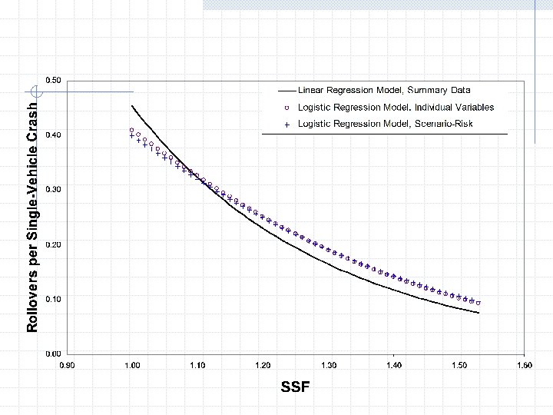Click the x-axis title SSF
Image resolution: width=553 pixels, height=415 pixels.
click(296, 387)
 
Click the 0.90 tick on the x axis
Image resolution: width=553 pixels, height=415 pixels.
click(68, 365)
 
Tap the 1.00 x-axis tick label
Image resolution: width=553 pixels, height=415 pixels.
click(132, 365)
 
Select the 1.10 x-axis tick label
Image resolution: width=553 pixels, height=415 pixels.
click(197, 365)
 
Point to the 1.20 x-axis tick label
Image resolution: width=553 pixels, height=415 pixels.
click(263, 365)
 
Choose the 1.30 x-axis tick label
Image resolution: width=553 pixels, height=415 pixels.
click(328, 365)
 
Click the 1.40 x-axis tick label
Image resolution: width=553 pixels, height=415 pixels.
click(393, 365)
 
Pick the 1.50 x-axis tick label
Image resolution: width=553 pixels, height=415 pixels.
click(459, 365)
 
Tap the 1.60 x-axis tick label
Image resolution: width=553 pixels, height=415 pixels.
click(524, 365)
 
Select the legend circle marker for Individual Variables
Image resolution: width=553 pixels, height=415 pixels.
click(286, 108)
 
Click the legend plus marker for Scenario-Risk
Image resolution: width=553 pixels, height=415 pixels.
click(286, 124)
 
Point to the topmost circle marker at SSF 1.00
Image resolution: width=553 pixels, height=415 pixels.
click(132, 130)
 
